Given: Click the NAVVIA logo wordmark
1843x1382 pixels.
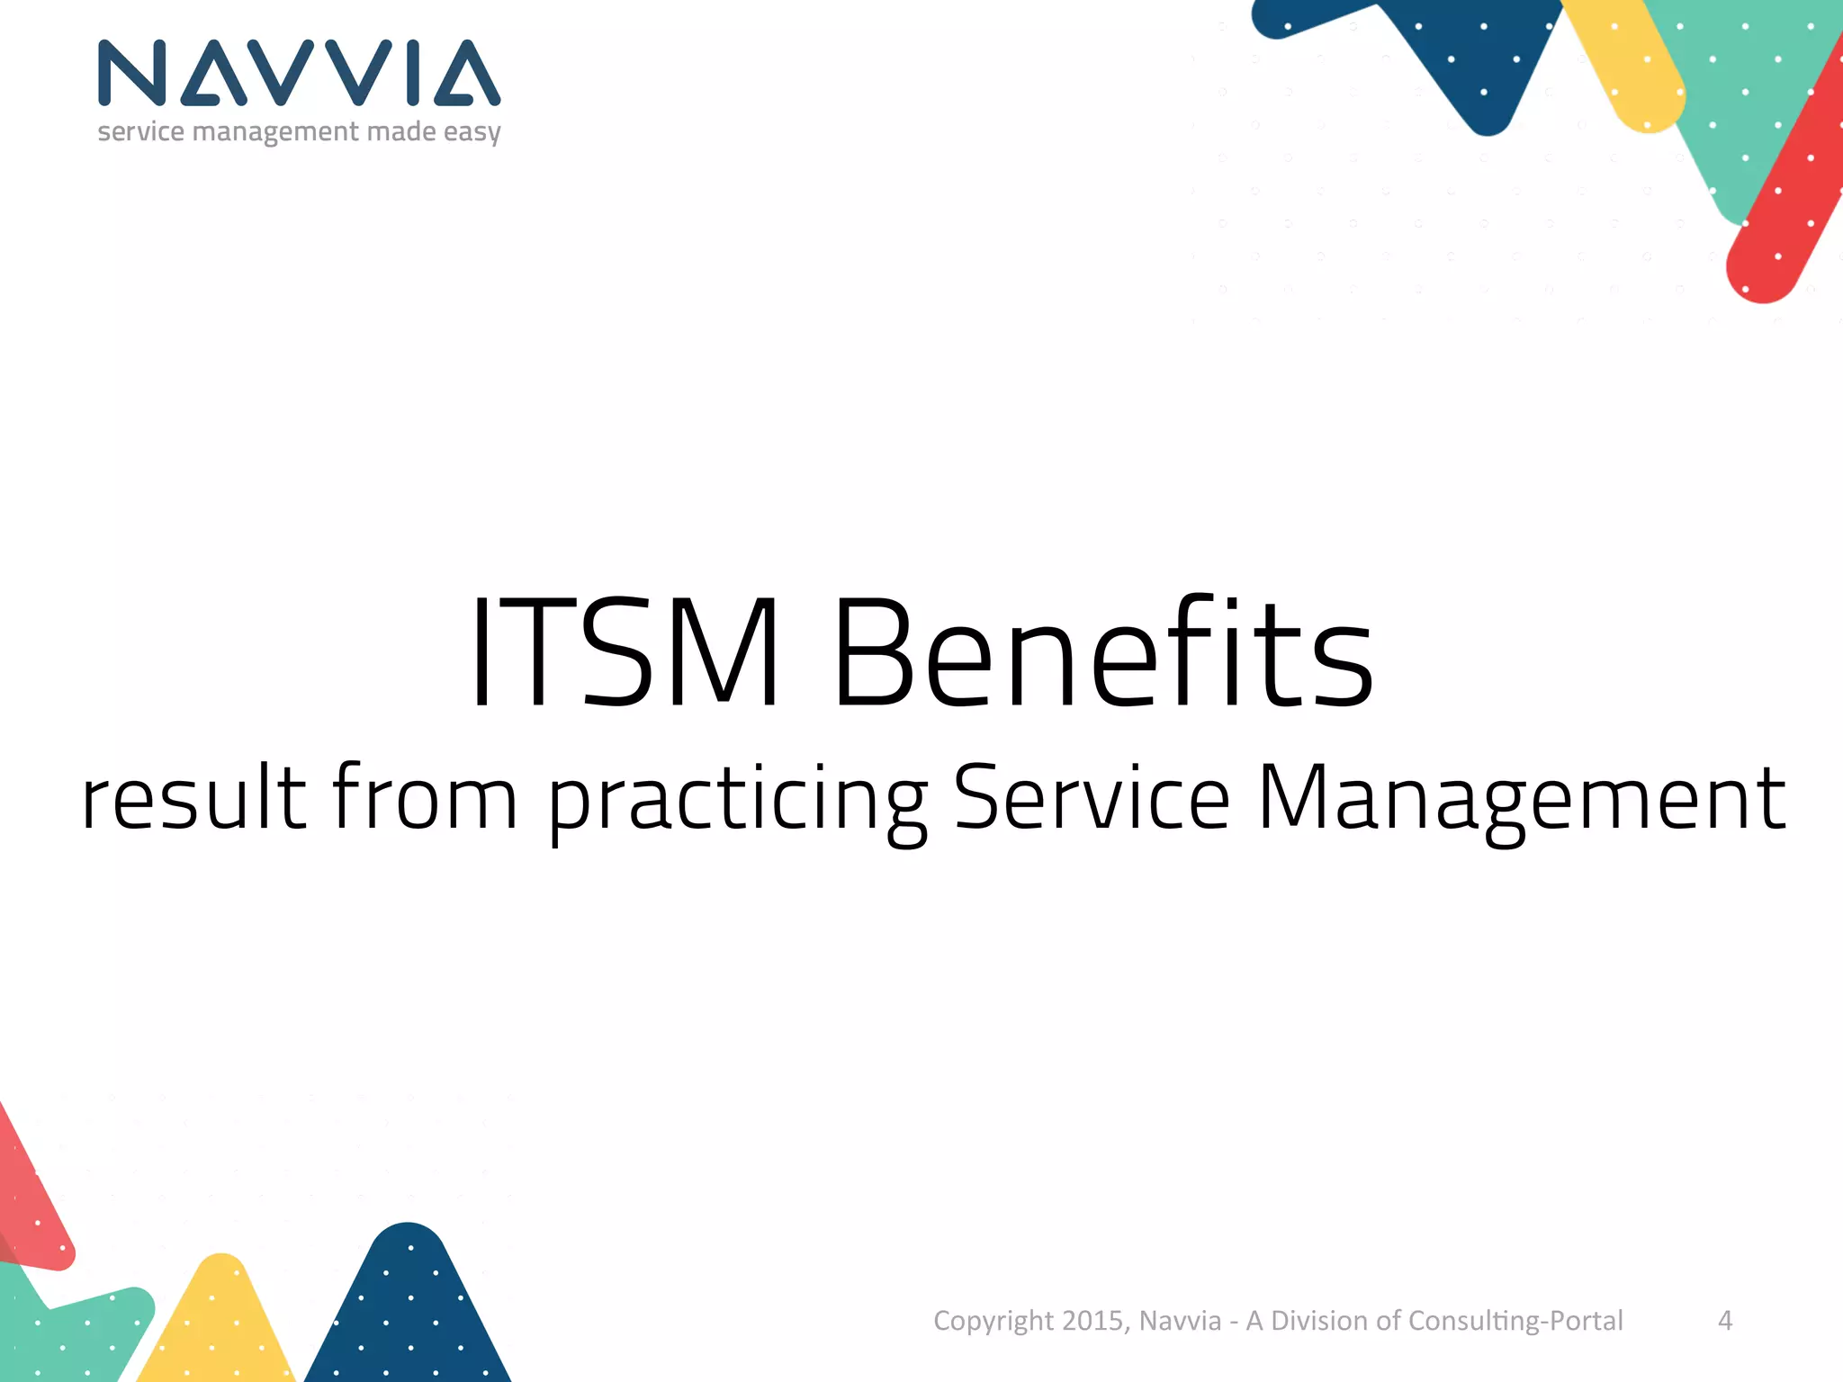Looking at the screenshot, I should [299, 73].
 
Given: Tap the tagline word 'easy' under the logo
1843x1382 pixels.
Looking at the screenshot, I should [472, 132].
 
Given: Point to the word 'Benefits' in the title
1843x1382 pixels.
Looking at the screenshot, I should [1103, 652].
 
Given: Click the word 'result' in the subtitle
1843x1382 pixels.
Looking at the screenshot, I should [193, 797].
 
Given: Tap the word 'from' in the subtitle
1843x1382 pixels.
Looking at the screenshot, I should [425, 797].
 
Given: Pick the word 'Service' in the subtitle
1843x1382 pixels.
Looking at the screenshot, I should [1091, 797].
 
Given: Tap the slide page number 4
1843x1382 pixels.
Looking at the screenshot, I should [1725, 1320].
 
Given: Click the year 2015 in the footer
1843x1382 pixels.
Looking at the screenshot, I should [1092, 1320].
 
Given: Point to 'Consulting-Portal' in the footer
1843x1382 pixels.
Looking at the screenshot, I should [1515, 1321].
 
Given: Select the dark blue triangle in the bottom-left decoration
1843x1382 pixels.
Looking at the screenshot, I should [409, 1314].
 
